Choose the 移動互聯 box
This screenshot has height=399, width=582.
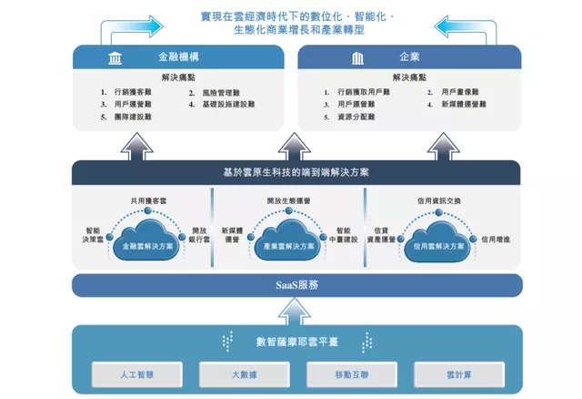pyautogui.click(x=343, y=374)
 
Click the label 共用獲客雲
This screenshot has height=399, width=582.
pyautogui.click(x=148, y=199)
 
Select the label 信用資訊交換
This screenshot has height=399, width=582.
pyautogui.click(x=440, y=199)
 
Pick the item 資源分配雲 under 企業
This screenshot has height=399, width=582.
pyautogui.click(x=357, y=117)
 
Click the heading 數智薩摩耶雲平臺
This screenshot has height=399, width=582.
pyautogui.click(x=296, y=343)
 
